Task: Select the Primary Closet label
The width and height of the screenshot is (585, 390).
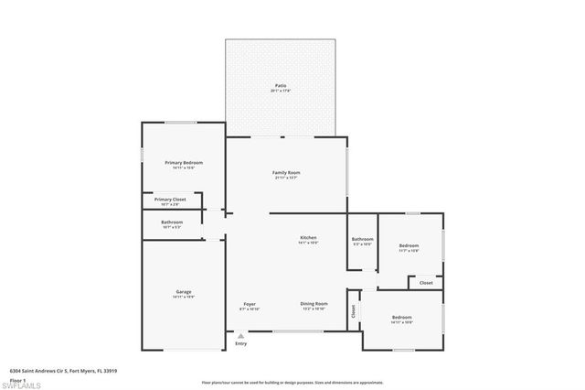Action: point(170,199)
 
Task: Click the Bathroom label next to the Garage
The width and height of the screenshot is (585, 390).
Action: point(172,222)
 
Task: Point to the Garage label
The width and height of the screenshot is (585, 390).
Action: point(184,292)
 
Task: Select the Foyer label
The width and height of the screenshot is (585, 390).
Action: point(250,303)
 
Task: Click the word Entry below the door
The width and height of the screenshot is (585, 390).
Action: point(240,343)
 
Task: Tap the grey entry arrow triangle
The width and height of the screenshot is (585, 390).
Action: point(240,335)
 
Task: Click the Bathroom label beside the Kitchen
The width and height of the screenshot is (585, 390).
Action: point(363,240)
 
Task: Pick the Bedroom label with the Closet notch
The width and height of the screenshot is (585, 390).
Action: point(409,245)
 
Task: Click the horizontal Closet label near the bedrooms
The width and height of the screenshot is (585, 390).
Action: point(426,283)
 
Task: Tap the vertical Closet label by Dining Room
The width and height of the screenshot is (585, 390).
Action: point(354,310)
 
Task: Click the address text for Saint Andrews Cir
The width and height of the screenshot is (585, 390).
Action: point(57,372)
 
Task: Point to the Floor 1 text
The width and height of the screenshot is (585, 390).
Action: point(17,379)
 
